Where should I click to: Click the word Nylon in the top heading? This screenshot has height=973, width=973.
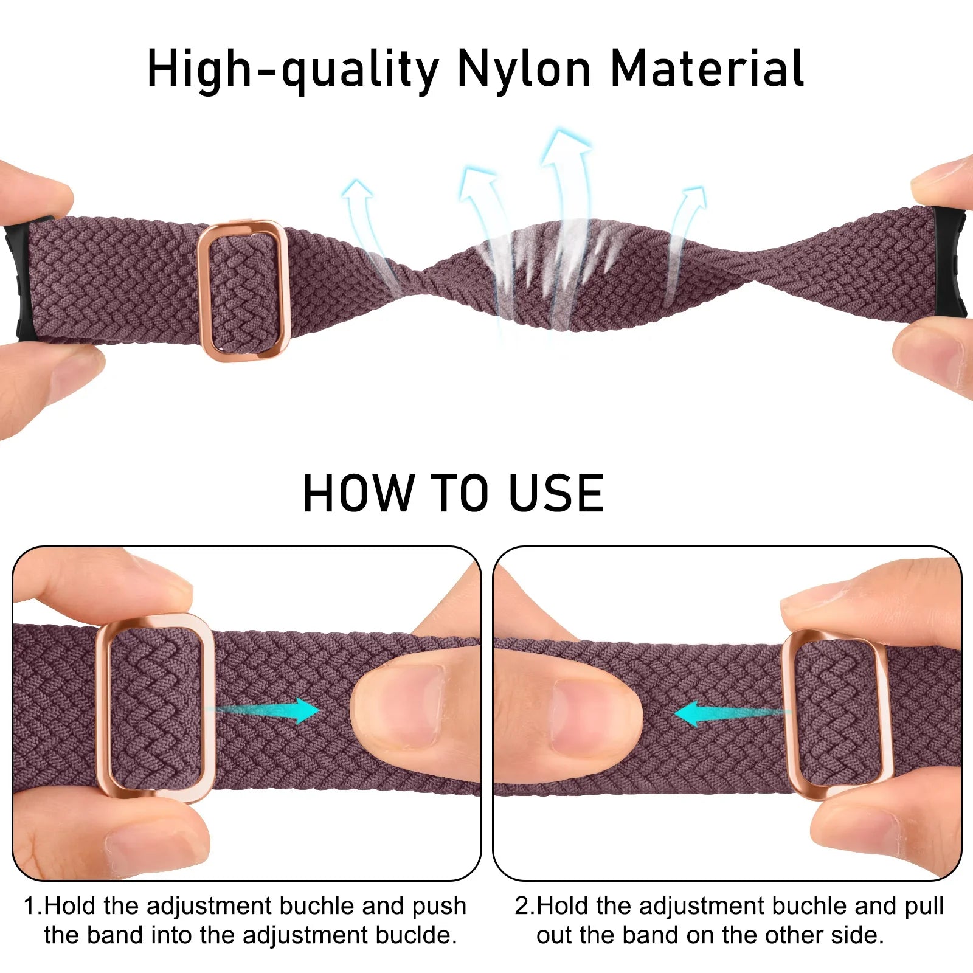524,69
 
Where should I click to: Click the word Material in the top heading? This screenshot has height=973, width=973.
707,69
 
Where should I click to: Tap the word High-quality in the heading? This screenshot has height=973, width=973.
293,69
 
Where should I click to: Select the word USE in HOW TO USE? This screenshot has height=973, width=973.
556,493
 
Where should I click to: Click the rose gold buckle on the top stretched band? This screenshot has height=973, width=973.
243,290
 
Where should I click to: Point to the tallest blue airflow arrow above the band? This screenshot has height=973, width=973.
566,182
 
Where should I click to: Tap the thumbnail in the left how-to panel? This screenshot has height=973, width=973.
404,705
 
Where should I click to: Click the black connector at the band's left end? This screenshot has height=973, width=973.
18,280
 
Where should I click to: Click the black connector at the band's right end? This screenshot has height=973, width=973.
952,261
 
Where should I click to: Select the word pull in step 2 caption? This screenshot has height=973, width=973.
924,906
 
